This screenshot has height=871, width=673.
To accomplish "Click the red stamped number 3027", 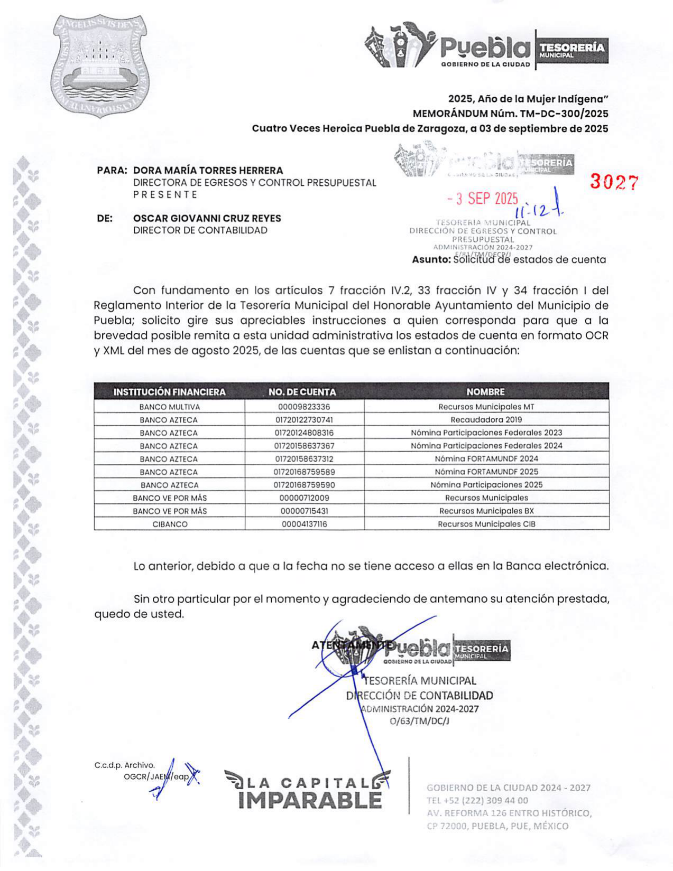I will coord(614,182).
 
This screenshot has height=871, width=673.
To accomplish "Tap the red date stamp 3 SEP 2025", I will coord(483,199).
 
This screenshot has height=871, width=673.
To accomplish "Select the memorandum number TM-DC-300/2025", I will coord(564,114).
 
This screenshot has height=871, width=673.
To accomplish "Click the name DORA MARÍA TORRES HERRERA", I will coord(208,171).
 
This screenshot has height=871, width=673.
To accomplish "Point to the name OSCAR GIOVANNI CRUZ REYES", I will coord(207,218).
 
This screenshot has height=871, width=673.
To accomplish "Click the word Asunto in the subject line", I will coord(431,260).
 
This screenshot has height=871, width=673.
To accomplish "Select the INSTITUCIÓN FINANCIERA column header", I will coord(169,392).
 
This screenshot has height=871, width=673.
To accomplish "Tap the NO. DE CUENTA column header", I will coord(302,392).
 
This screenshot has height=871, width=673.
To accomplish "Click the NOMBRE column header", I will coord(485,392).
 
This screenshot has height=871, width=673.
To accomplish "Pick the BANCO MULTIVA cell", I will coord(170,407).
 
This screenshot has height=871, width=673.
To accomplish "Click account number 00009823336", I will coord(304,407).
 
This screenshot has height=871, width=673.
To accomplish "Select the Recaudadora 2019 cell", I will coord(486,420).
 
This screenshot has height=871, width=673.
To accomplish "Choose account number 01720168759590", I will coord(304,485).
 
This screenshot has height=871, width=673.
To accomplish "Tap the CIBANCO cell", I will coord(170,525).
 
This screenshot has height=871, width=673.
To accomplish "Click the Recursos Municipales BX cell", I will coord(486,511).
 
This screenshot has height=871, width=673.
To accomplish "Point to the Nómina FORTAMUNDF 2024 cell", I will coord(486,459).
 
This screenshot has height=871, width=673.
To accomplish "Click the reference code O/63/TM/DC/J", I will coord(419,721).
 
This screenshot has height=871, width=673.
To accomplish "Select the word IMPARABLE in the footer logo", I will coord(310,800).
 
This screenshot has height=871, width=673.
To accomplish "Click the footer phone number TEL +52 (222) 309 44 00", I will coord(477,800).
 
